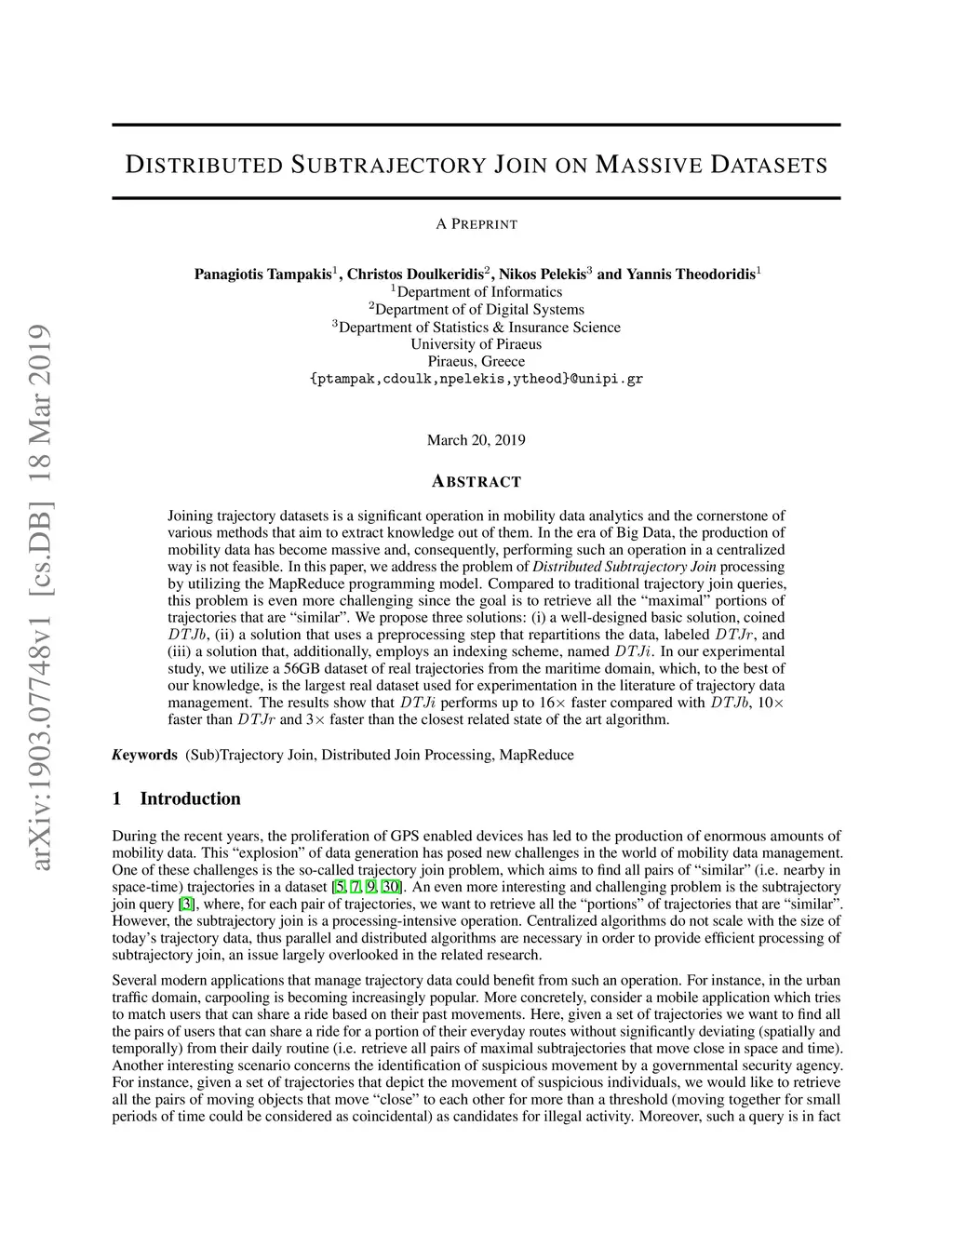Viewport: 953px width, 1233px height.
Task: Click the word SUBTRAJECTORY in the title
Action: (x=388, y=167)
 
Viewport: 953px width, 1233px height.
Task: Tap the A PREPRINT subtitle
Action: (x=476, y=224)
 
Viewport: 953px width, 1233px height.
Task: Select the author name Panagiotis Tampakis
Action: (x=262, y=275)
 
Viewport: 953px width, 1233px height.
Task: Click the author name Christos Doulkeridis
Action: (x=415, y=275)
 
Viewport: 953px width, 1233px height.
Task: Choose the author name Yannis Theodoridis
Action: (x=690, y=275)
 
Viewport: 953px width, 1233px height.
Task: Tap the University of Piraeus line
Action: (x=476, y=344)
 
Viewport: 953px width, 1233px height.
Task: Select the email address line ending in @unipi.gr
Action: (x=476, y=380)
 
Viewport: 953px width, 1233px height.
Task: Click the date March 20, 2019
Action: (x=476, y=440)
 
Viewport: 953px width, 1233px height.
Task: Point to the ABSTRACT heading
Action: (x=476, y=482)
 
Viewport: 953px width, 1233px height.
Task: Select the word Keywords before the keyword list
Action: (x=144, y=755)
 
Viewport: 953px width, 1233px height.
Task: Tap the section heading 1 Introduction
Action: (x=176, y=798)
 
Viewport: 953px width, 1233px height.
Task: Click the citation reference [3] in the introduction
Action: (x=187, y=904)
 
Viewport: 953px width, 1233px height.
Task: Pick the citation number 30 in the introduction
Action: (x=391, y=887)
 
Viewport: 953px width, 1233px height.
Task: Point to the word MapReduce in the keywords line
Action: (x=536, y=755)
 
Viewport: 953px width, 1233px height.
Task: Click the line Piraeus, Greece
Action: (x=476, y=362)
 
